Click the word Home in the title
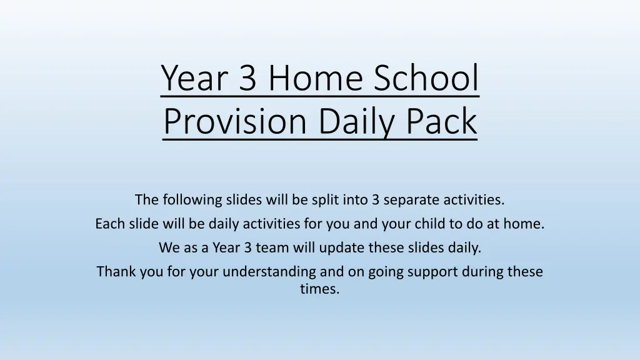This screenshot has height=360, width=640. click(315, 77)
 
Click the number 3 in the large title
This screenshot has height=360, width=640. click(247, 77)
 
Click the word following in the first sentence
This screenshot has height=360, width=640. click(192, 199)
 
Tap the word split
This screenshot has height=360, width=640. click(325, 199)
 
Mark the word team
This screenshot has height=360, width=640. click(272, 247)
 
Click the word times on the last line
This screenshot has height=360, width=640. click(319, 289)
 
